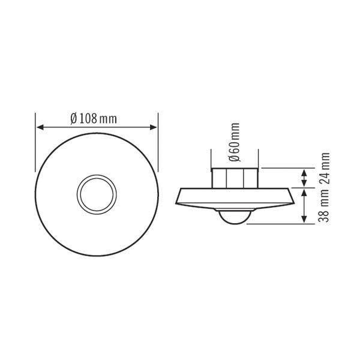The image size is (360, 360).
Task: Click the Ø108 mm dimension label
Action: (93, 118)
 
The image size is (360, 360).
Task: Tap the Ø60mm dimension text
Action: (235, 143)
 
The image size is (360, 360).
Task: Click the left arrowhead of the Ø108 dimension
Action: (40, 127)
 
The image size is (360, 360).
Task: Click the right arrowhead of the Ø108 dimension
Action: (154, 127)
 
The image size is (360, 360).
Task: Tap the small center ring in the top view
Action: (97, 193)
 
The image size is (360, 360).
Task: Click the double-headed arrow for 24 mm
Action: (304, 178)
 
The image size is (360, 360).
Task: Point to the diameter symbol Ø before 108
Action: (74, 118)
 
